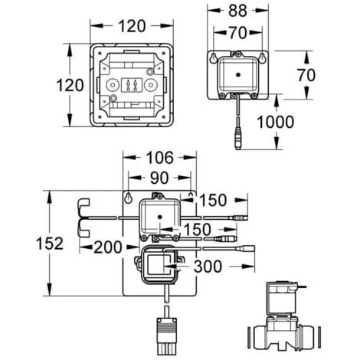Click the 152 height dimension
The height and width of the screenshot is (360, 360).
click(28, 244)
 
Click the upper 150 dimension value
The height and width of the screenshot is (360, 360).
click(214, 201)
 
